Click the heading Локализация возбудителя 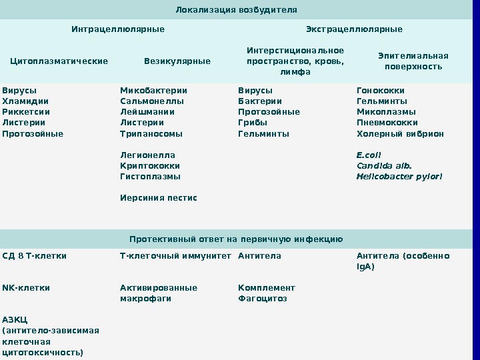pos(236,10)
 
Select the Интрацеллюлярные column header pos(118,29)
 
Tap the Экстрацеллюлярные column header pos(354,29)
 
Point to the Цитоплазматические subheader pos(59,61)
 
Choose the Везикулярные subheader pos(177,61)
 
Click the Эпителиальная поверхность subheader pos(413,61)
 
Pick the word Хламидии pos(21,101)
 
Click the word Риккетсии pos(26,112)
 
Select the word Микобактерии pos(153,91)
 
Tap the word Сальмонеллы pos(152,101)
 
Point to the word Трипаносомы pos(151,133)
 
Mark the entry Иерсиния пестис pos(159,197)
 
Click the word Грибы pos(253,123)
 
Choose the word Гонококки pos(381,91)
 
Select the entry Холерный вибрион pos(400,133)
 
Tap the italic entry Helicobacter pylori pos(399,177)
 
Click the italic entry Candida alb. pos(384,166)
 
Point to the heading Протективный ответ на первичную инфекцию pos(236,239)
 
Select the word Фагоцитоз pos(262,299)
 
